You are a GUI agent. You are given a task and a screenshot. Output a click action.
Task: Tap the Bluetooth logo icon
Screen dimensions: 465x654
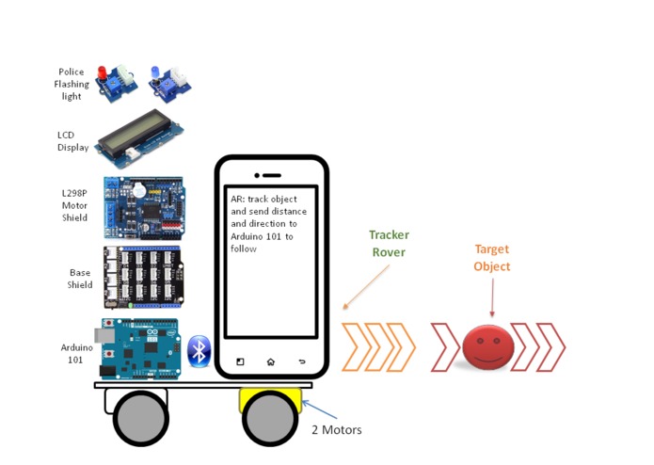pos(199,351)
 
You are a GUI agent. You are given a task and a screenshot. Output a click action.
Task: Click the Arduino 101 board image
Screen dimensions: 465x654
pos(139,347)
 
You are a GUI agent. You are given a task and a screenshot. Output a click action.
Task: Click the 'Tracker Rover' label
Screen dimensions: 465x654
pos(389,243)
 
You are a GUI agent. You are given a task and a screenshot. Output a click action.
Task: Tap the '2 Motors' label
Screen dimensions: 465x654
pos(336,430)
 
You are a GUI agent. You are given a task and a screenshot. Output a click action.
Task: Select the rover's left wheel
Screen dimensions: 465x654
pos(140,419)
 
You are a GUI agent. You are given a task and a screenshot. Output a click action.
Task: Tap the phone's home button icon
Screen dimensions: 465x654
pos(271,361)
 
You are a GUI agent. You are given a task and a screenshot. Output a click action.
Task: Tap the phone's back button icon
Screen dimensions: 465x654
pos(302,361)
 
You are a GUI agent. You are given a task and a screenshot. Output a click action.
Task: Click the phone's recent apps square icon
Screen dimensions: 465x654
pos(240,361)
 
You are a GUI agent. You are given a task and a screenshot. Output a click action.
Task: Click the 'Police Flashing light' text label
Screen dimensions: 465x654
pos(72,84)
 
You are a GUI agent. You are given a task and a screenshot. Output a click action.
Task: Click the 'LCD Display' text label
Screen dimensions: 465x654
pos(72,141)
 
